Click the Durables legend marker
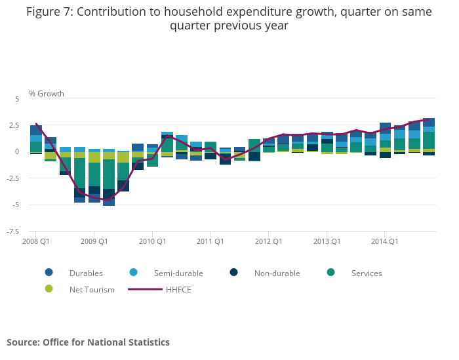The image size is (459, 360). point(49,273)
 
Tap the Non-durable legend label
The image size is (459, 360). point(277,273)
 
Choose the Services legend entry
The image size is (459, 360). point(366,273)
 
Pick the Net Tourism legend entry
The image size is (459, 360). point(92,289)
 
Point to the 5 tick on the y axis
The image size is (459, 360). point(17,98)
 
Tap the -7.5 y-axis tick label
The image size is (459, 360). point(13,231)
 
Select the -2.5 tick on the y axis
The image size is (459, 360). point(13,178)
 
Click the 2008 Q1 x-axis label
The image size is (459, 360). point(36,241)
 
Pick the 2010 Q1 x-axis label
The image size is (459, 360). point(152,241)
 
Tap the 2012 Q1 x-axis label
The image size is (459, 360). point(268,241)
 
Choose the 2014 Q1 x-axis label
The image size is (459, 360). point(384,241)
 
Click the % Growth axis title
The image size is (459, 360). point(47,94)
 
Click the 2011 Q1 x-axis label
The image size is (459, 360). point(210,241)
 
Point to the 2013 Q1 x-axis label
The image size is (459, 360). point(327,241)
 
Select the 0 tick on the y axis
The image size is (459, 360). point(17,151)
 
